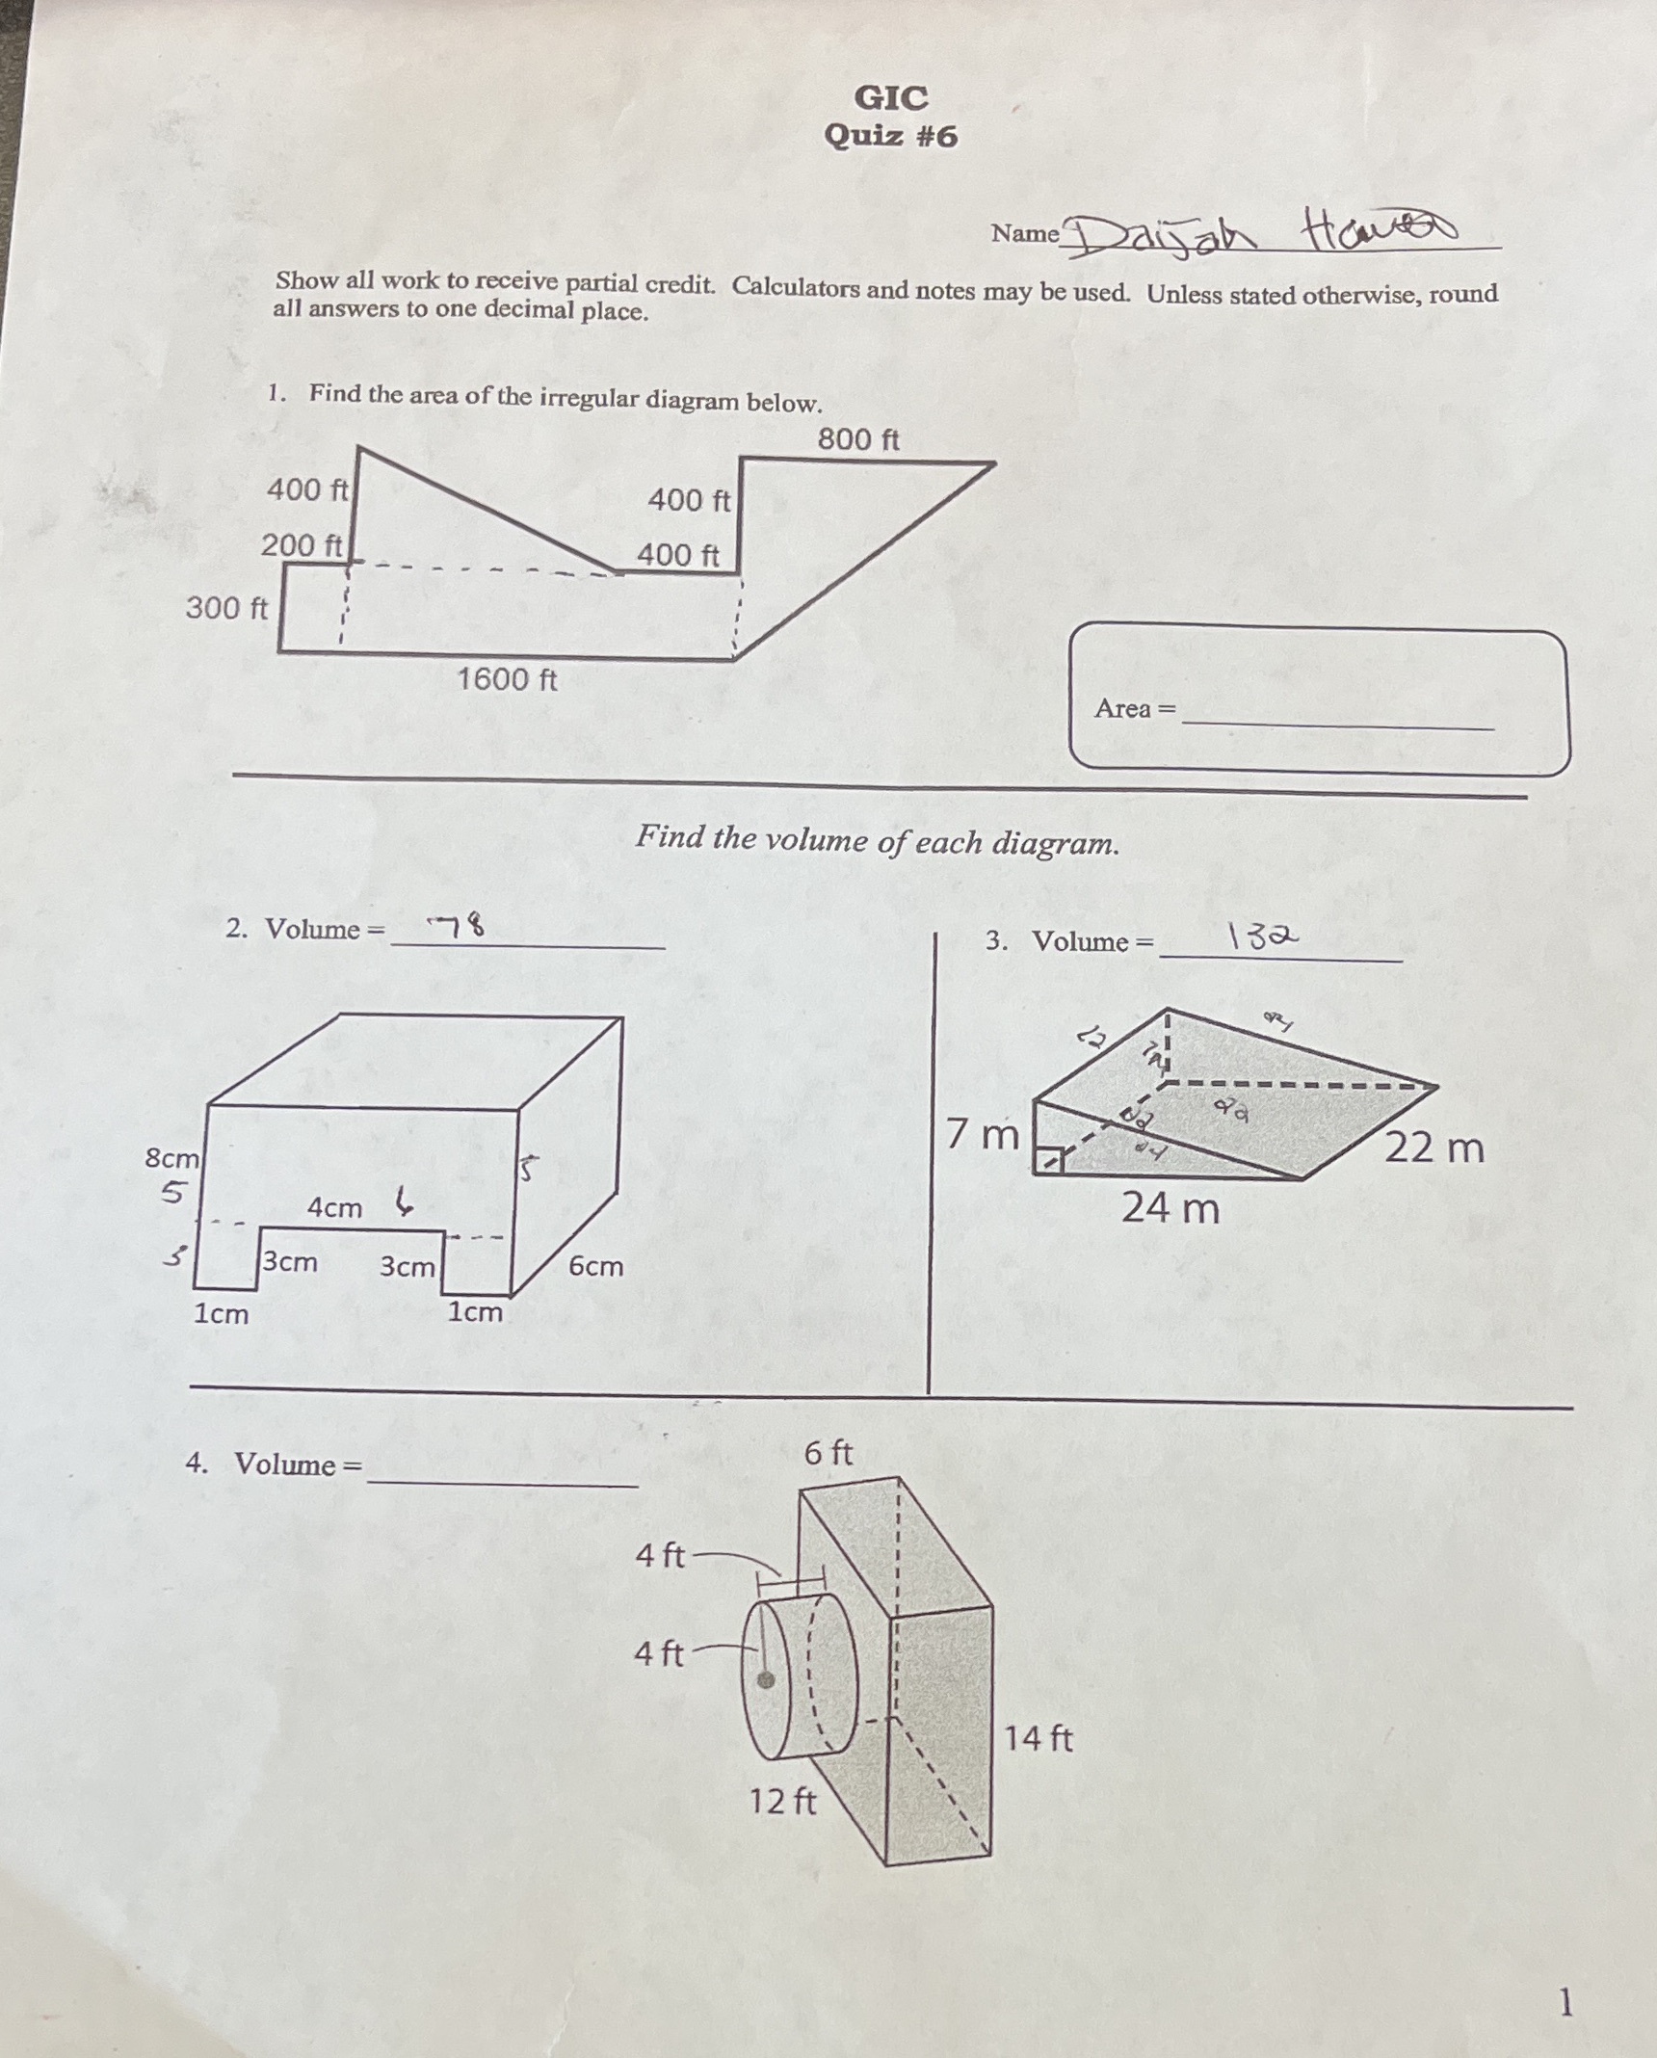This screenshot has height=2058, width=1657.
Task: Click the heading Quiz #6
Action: click(891, 136)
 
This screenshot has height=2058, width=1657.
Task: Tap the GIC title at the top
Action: click(891, 97)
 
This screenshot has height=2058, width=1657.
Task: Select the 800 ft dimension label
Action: click(857, 439)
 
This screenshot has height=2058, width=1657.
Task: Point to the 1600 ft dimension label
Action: click(507, 679)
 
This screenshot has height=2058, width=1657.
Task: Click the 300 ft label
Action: click(226, 608)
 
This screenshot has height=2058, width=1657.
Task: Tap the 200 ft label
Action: click(301, 545)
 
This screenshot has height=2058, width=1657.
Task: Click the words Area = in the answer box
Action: click(1135, 708)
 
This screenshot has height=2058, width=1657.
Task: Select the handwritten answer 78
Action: click(459, 926)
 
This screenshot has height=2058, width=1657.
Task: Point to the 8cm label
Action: click(171, 1157)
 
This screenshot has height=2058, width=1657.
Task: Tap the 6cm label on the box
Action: click(595, 1265)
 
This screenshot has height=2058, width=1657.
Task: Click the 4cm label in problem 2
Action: click(334, 1207)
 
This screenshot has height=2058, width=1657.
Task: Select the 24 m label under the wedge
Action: click(1170, 1208)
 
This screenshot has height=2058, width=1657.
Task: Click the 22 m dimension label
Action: click(1433, 1148)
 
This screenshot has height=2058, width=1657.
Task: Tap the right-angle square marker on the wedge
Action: click(1048, 1161)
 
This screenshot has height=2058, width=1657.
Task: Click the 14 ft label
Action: click(1038, 1738)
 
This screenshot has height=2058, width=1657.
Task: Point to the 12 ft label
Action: click(782, 1800)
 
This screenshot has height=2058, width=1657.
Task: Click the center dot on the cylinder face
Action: click(766, 1680)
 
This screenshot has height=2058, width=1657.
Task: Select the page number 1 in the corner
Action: click(1565, 2003)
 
